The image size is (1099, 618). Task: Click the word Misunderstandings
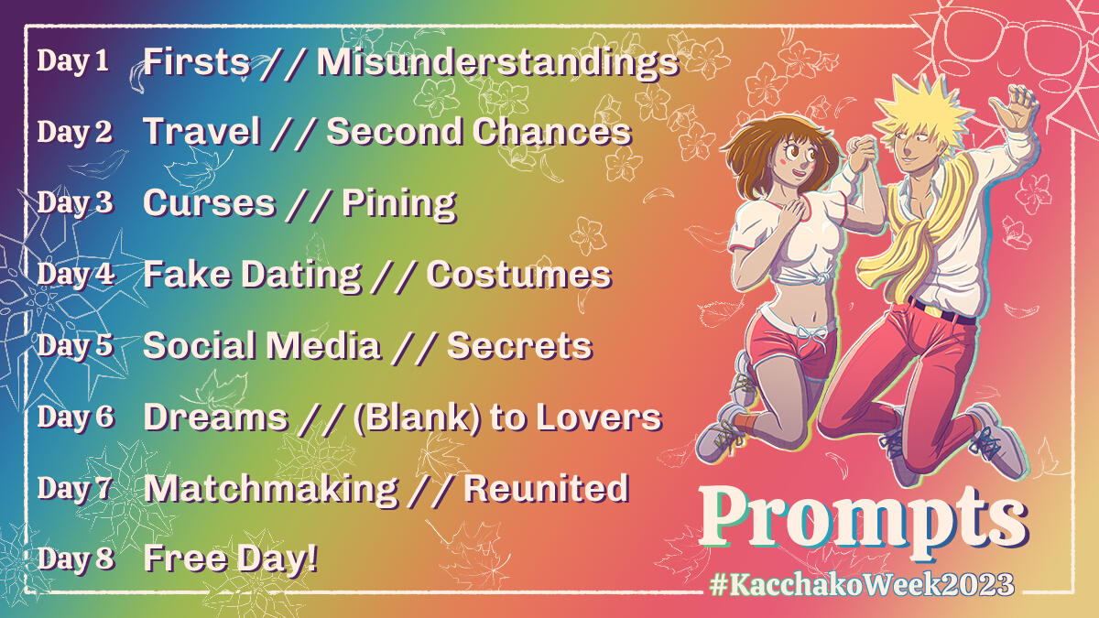497,64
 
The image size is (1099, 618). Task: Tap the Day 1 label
73,62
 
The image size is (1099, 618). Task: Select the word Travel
201,132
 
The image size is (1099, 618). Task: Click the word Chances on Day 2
552,132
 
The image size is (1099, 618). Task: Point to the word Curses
210,203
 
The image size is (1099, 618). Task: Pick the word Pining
399,204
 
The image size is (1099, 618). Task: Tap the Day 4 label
76,274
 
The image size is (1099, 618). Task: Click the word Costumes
519,275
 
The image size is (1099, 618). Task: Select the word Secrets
520,346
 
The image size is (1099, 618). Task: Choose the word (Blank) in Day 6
418,417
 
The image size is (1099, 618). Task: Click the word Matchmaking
271,490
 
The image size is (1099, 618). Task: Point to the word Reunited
546,489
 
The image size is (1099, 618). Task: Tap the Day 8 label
76,559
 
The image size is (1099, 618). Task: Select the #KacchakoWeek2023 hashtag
862,585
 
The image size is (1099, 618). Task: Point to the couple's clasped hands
861,153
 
